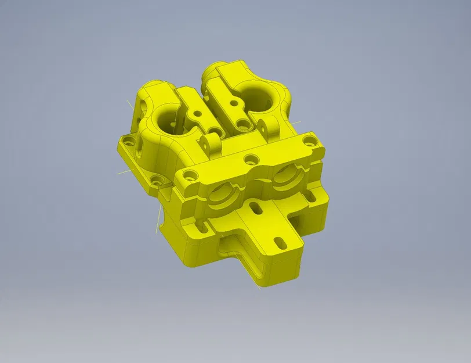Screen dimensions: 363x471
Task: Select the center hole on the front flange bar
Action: click(251, 157)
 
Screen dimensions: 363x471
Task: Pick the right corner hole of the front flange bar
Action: click(308, 141)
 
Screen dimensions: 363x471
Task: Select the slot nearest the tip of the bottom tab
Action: click(279, 242)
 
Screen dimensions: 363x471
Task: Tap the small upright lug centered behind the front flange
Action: click(211, 143)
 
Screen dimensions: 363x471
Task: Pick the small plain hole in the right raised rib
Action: click(233, 103)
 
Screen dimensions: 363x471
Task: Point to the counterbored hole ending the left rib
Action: click(216, 133)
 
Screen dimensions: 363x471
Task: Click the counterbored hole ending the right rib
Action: click(240, 123)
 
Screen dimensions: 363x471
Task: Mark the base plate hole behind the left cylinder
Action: click(129, 140)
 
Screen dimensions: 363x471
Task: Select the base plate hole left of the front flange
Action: click(155, 181)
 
